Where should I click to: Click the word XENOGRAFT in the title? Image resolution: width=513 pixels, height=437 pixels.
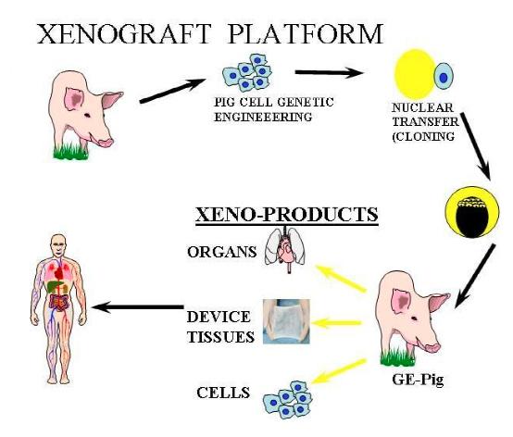coord(123,33)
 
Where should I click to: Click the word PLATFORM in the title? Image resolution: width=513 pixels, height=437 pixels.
coord(306,33)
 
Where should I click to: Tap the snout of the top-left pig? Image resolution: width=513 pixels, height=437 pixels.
coord(106,143)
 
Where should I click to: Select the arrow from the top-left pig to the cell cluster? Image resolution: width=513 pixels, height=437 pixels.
coord(173,91)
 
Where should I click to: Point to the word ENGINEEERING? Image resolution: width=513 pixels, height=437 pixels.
coord(263,117)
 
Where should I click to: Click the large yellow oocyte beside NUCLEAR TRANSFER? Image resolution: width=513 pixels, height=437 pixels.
coord(416,74)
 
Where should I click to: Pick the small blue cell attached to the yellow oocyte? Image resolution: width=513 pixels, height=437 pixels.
coord(444,77)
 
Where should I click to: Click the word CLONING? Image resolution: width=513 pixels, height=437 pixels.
coord(423,136)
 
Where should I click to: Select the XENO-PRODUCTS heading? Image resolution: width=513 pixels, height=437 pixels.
coord(287,215)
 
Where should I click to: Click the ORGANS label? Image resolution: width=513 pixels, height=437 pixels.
coord(222,252)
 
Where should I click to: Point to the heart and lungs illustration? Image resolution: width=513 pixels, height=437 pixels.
coord(285,250)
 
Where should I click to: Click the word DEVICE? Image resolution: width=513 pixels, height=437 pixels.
coord(219,317)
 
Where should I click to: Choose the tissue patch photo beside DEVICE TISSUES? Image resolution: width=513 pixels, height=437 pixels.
coord(287,321)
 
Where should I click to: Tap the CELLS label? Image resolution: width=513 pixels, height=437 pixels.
coord(223,393)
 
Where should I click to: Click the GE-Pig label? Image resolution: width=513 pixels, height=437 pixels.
coord(418,381)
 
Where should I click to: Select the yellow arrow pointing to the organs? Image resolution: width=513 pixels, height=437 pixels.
coord(340,278)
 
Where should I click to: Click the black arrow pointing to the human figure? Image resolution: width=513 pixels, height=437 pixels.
coord(137,306)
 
